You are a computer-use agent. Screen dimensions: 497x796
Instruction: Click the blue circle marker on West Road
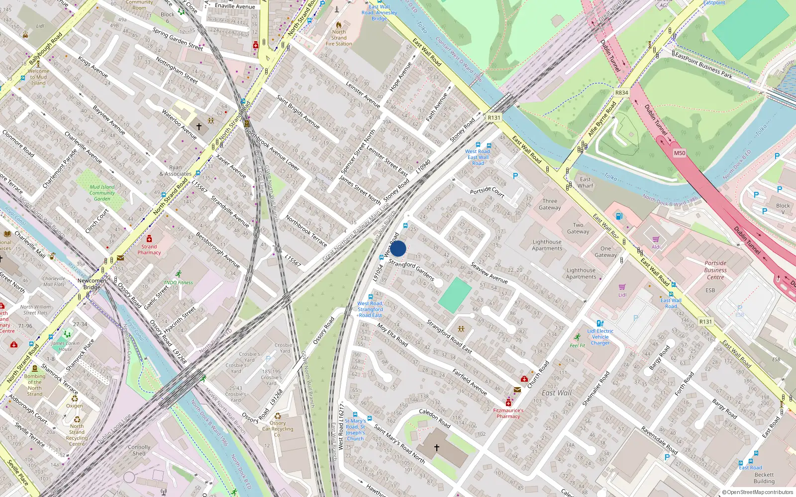tap(398, 248)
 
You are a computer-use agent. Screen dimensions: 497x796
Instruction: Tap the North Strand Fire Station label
tap(339, 38)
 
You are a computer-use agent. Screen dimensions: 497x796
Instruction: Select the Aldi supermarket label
tap(656, 247)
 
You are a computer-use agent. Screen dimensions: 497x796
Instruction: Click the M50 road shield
tap(680, 153)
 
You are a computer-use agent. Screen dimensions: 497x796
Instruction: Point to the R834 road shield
tap(621, 92)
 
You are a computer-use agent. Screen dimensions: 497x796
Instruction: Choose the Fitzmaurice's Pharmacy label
tap(508, 414)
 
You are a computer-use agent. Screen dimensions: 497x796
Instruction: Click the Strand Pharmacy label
tap(149, 249)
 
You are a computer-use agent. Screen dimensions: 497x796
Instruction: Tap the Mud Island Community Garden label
tap(102, 193)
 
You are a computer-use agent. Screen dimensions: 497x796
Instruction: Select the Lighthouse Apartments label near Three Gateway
tap(547, 245)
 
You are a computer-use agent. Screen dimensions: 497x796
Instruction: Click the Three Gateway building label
tap(550, 204)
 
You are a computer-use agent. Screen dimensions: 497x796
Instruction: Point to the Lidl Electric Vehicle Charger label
tap(600, 337)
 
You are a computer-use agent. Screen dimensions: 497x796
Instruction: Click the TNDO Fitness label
tap(178, 282)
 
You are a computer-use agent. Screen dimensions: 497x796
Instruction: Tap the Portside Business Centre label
tap(715, 270)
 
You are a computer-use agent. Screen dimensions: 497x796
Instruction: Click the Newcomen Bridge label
tap(92, 284)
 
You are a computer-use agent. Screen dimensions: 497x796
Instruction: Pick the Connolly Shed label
tap(139, 450)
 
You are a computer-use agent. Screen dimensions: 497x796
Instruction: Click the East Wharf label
tap(586, 182)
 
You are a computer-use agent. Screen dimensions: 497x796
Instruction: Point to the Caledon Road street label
tap(434, 418)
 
